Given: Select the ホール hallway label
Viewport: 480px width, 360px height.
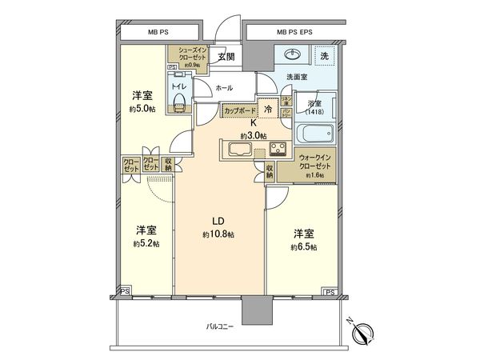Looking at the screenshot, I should tap(225, 88).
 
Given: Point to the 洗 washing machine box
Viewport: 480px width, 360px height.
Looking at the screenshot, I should tap(324, 57).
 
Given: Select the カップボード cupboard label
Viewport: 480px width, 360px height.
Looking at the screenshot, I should tap(240, 111).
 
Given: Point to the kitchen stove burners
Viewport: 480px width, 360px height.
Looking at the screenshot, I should tap(278, 149).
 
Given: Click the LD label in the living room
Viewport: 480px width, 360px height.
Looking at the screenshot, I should tap(218, 221).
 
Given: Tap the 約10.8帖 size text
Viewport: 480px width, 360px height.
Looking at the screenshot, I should tap(218, 234).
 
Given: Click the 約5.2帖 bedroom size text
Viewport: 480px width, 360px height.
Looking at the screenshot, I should tap(145, 243).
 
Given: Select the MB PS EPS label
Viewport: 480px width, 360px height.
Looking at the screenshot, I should tap(293, 32).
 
